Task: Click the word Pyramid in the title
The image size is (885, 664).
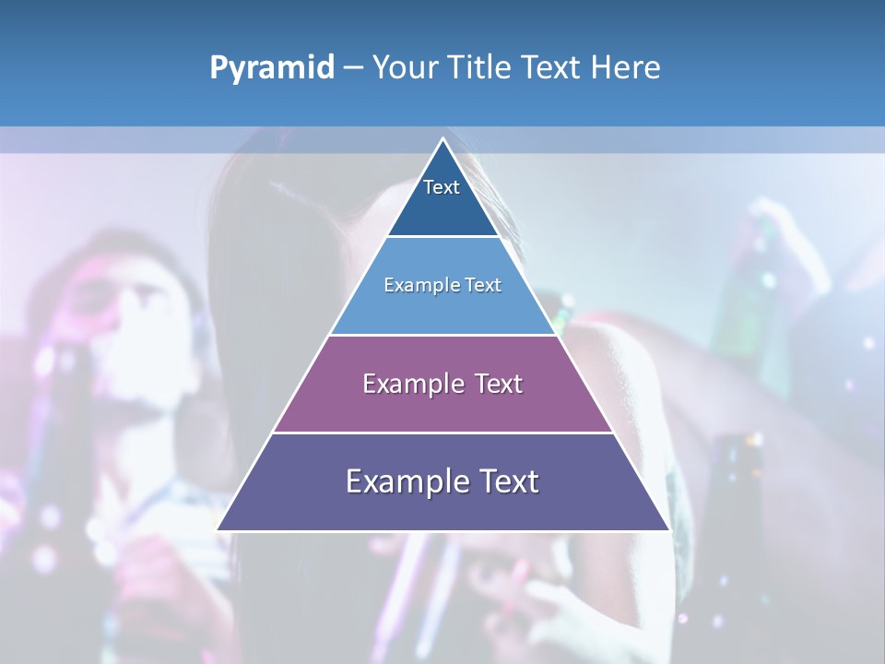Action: click(x=272, y=68)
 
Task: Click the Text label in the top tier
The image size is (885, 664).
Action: click(x=442, y=187)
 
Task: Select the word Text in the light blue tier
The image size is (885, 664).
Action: click(x=484, y=285)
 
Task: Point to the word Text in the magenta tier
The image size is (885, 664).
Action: click(x=499, y=384)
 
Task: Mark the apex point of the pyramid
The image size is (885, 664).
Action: click(x=442, y=139)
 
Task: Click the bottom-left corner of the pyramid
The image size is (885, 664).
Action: click(x=218, y=529)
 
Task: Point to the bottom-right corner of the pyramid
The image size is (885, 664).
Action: click(x=668, y=529)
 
